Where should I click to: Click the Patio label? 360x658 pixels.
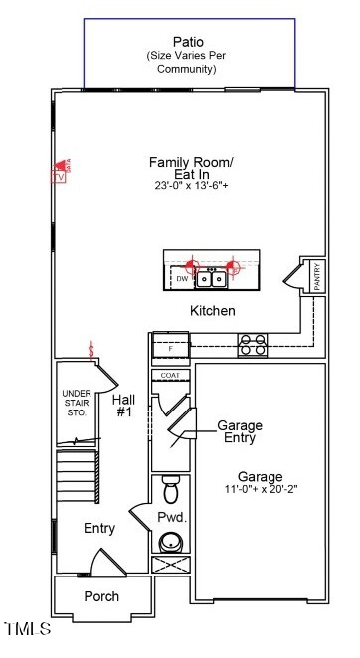188,42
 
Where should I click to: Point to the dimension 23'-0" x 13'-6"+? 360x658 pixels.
191,186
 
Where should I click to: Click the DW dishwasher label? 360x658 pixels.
182,280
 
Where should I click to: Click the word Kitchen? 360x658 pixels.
213,311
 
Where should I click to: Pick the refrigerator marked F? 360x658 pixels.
169,348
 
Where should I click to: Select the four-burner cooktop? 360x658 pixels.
253,344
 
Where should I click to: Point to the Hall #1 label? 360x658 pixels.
125,405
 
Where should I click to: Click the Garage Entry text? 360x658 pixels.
239,431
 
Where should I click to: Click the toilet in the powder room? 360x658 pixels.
169,490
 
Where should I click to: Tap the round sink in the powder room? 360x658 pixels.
170,543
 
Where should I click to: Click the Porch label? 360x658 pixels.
100,596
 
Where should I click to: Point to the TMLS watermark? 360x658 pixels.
27,628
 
